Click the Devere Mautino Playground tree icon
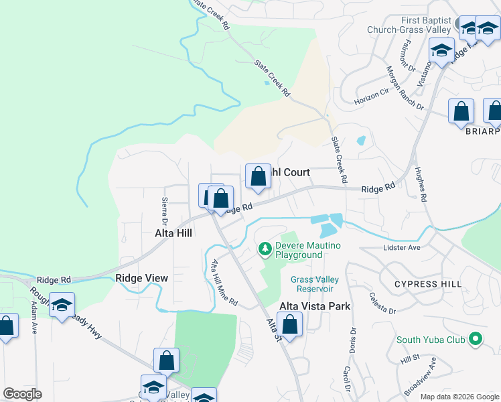click(266, 250)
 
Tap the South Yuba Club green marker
click(476, 339)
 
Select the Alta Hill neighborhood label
click(173, 232)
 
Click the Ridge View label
click(141, 278)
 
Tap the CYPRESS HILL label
click(427, 284)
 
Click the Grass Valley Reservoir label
click(315, 284)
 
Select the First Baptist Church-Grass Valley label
click(409, 25)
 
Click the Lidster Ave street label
click(402, 247)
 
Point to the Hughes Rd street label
click(421, 184)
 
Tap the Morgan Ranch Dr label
click(404, 87)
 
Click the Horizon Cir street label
click(371, 96)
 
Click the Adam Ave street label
click(33, 317)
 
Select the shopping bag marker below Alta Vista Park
click(290, 327)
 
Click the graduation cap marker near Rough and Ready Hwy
click(62, 305)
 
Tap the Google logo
click(22, 394)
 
